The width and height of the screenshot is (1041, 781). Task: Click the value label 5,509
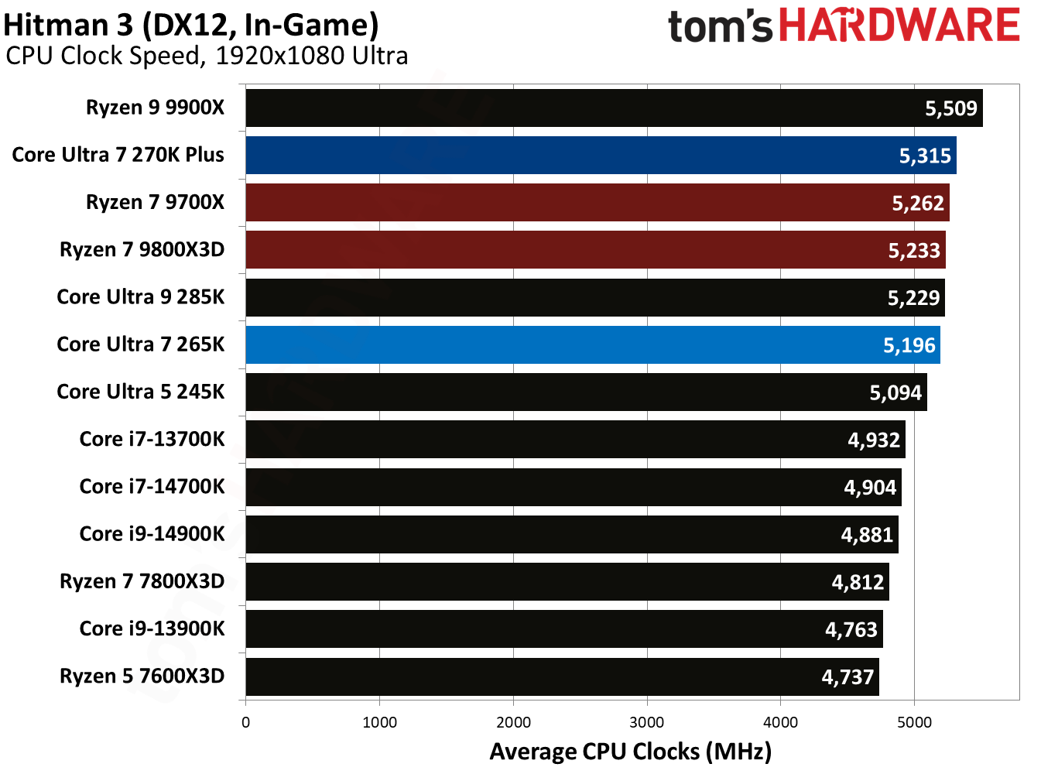click(951, 108)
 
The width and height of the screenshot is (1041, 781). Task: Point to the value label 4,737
click(848, 677)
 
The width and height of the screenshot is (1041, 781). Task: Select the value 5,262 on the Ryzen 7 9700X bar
click(918, 204)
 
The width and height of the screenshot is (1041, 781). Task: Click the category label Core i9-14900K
click(152, 534)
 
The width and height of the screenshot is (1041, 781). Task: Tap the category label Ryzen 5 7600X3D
click(142, 676)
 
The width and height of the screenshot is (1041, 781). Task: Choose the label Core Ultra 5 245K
click(140, 392)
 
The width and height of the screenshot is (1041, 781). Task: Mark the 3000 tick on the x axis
click(646, 722)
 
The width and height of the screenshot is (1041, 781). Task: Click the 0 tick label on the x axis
click(246, 722)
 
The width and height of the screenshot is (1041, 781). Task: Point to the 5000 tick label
click(914, 722)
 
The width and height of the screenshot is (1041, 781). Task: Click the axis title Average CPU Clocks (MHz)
click(630, 752)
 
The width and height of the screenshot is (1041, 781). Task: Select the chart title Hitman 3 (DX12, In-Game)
click(191, 25)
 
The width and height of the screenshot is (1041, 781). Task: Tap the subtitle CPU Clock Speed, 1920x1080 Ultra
click(207, 56)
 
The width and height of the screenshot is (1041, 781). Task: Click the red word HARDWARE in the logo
click(899, 26)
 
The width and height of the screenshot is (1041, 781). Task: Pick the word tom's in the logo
click(720, 27)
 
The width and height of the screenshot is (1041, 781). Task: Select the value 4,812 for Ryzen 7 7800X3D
click(858, 582)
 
